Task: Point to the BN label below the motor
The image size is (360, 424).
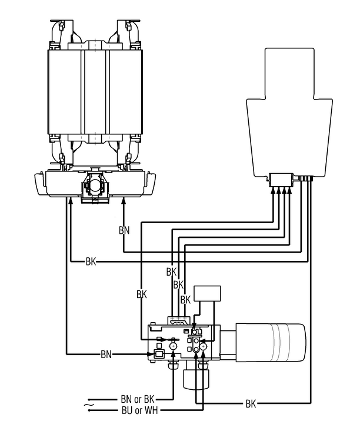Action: click(124, 230)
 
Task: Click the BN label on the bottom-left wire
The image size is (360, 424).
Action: click(106, 354)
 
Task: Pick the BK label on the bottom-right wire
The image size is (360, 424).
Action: click(251, 404)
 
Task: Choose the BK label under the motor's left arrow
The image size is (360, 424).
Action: click(91, 260)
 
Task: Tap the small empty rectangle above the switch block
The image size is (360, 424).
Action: click(207, 293)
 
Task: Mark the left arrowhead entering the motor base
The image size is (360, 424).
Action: click(70, 201)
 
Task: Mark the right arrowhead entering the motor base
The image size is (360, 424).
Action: click(124, 201)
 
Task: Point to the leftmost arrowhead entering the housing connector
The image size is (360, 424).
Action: click(272, 190)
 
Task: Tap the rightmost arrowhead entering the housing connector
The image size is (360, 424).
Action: click(290, 190)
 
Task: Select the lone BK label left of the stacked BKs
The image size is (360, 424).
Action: click(141, 293)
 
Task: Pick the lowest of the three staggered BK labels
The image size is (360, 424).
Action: click(185, 299)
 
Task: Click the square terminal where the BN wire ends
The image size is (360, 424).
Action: click(157, 355)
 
